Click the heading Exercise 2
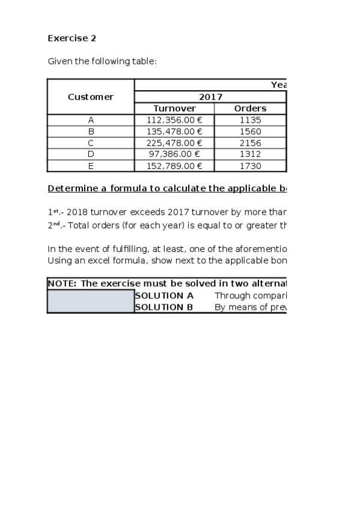(x=72, y=38)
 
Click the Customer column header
(x=91, y=97)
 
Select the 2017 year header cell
(x=210, y=97)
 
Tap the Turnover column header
(x=174, y=108)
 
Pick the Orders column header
(x=250, y=108)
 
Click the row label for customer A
(x=91, y=120)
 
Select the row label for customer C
(x=91, y=143)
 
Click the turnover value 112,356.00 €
(x=174, y=120)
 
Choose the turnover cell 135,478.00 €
(x=174, y=131)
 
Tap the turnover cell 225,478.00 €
(x=174, y=143)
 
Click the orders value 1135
(x=250, y=120)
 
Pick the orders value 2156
(x=250, y=143)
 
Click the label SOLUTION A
(x=164, y=295)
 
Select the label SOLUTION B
(x=164, y=307)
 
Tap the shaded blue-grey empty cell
(x=91, y=301)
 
